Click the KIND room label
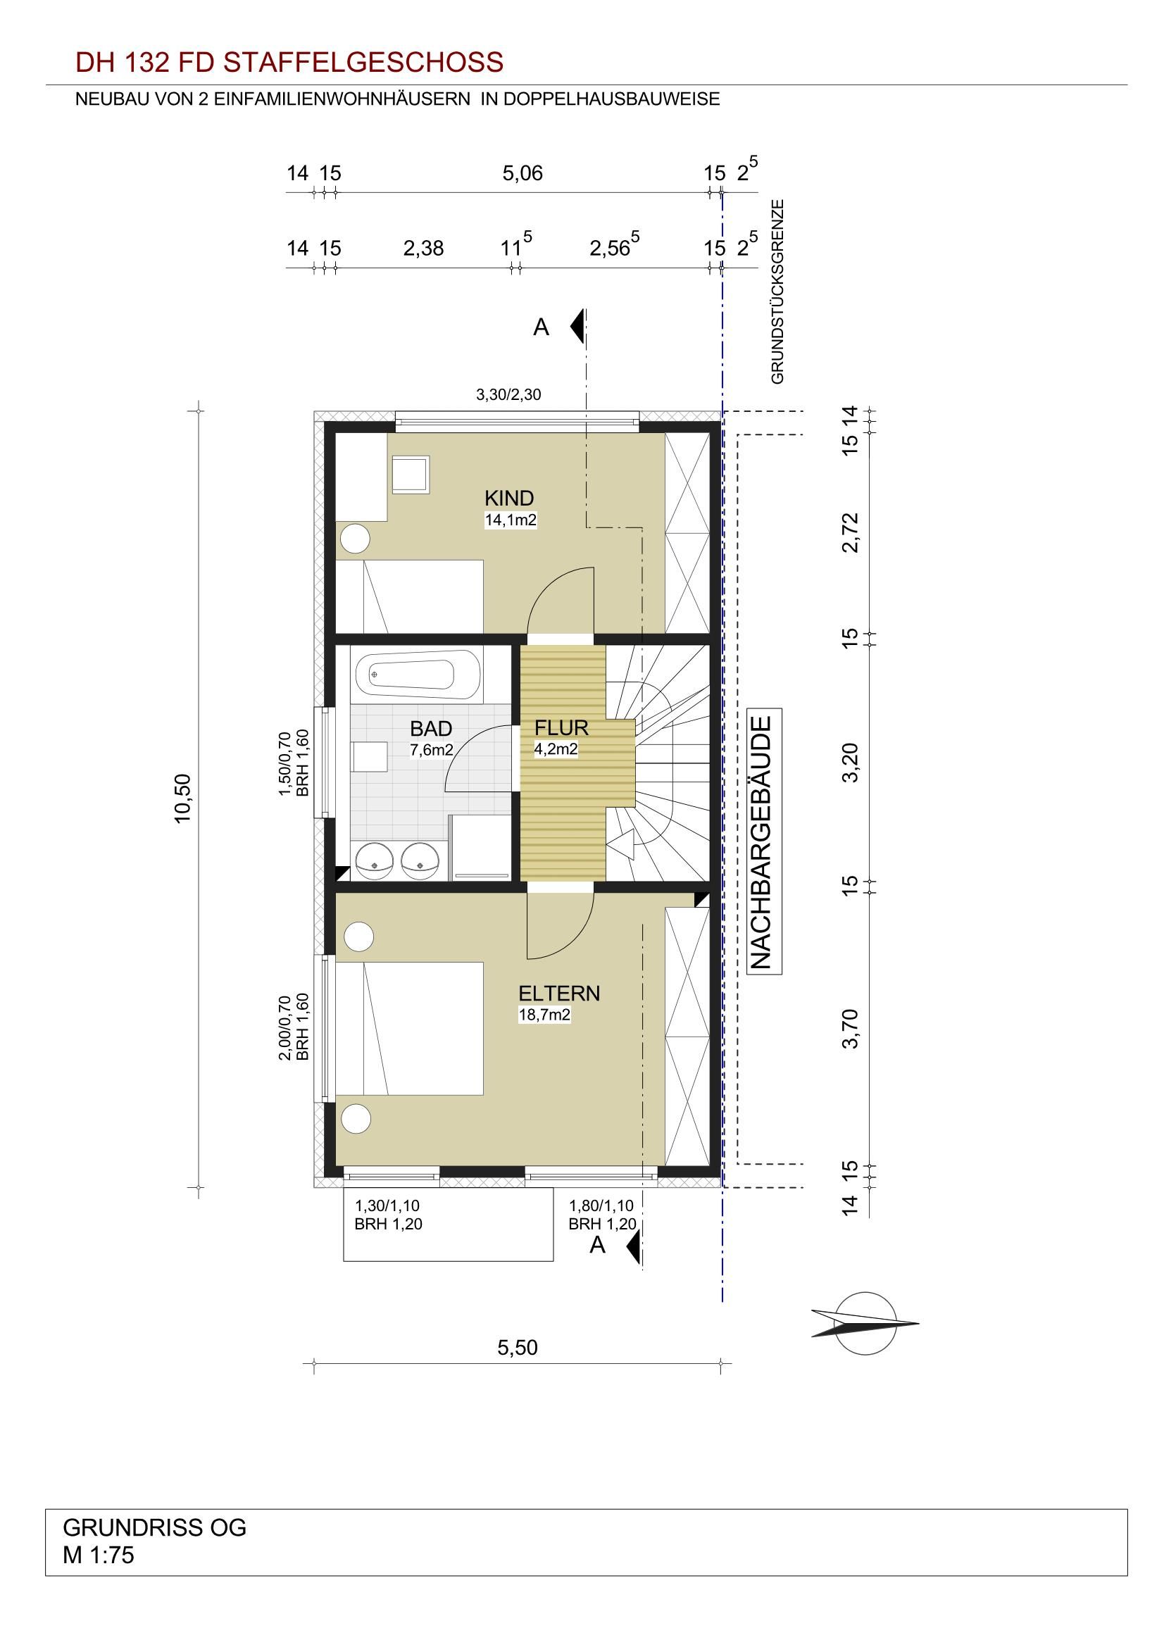click(508, 497)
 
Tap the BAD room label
click(431, 729)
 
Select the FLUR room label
click(561, 728)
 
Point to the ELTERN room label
click(558, 994)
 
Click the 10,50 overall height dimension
click(183, 799)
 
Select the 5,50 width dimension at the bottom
click(517, 1348)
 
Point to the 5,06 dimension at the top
click(522, 173)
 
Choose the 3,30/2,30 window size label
click(508, 394)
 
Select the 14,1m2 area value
click(511, 520)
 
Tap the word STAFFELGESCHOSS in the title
click(363, 63)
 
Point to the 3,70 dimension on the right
click(851, 1028)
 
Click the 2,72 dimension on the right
click(851, 532)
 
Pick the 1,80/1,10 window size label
click(602, 1207)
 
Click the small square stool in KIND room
click(411, 474)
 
